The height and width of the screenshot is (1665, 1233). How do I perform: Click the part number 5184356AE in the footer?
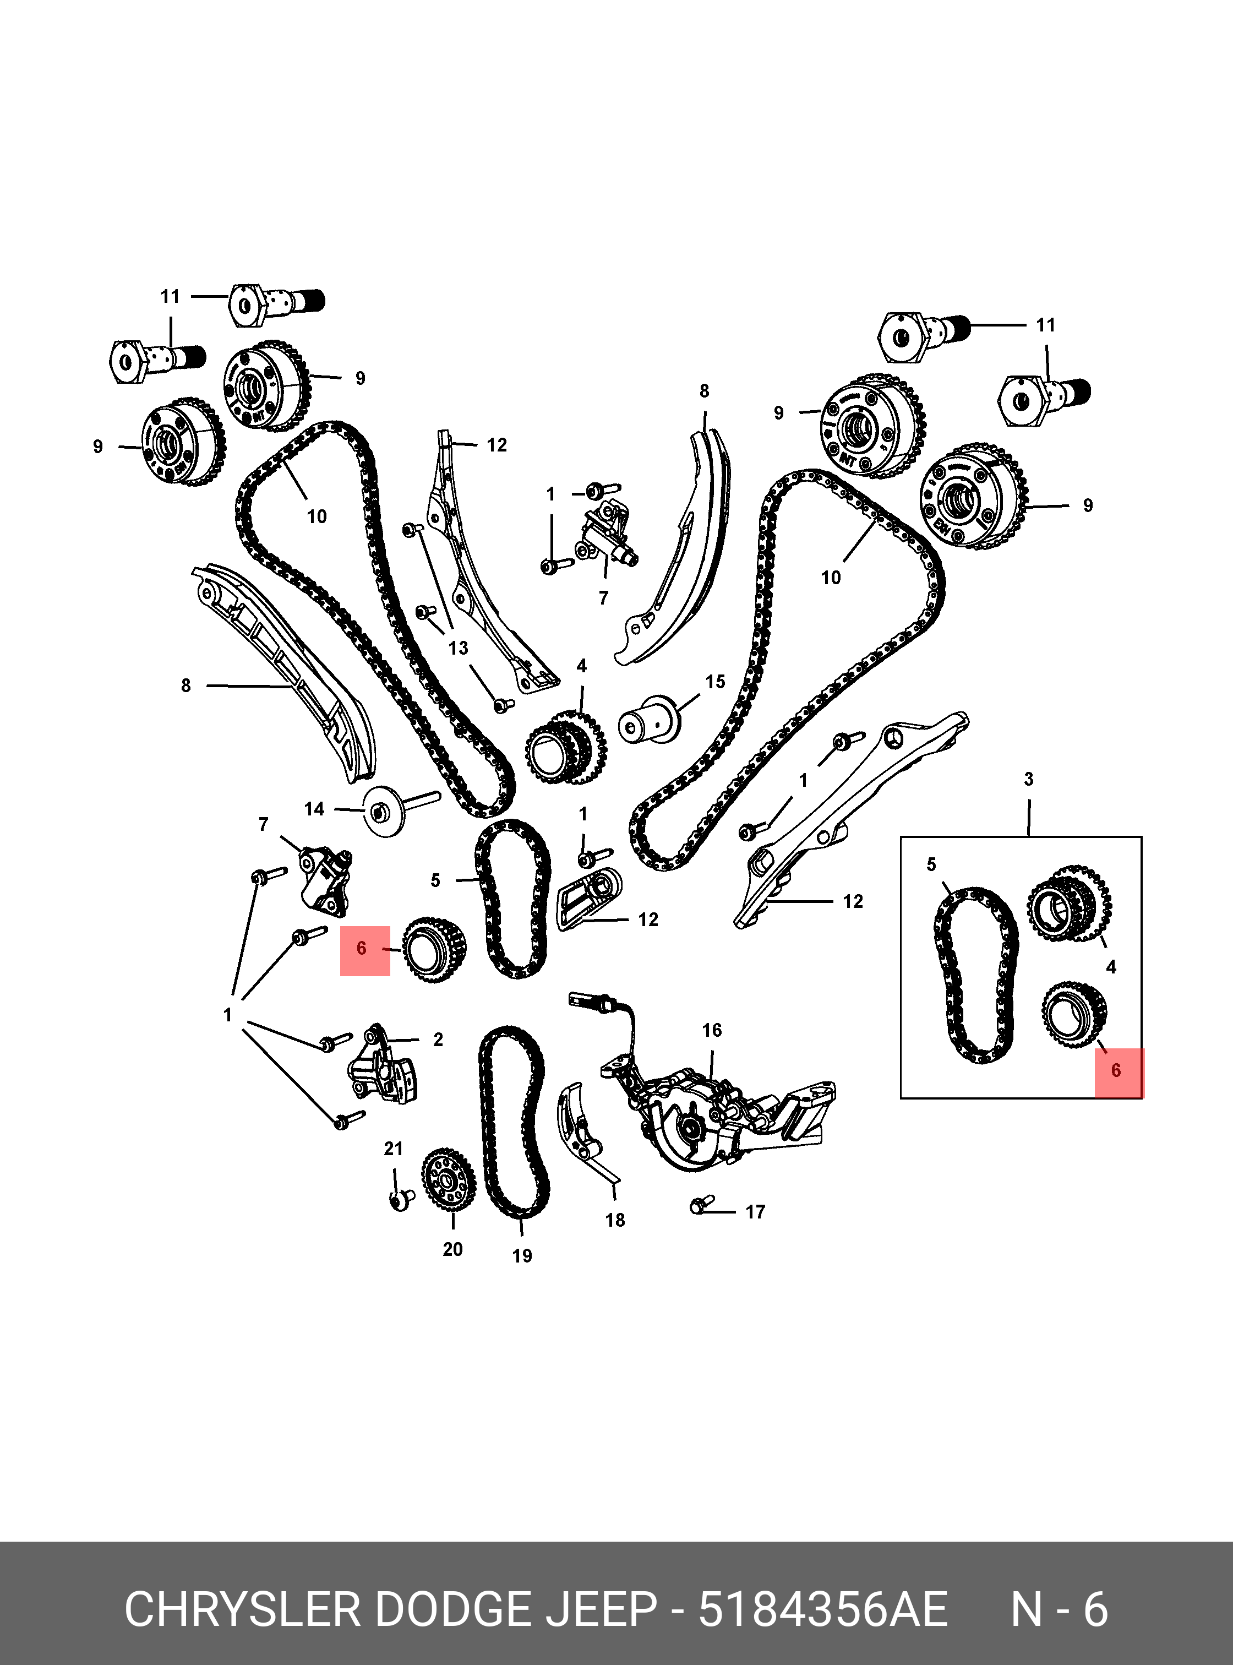coord(822,1610)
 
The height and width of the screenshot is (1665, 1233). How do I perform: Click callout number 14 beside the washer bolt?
coord(314,809)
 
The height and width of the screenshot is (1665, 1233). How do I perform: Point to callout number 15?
coord(715,682)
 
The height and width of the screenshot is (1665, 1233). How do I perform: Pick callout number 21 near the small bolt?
coord(394,1149)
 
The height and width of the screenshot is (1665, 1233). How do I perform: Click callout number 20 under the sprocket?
coord(452,1249)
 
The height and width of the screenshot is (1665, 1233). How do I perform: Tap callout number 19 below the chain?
coord(522,1256)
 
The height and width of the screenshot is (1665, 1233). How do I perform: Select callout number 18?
coord(615,1220)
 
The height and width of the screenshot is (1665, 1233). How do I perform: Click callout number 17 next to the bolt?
coord(755,1212)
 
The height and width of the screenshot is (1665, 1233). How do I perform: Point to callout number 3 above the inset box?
coord(1028,780)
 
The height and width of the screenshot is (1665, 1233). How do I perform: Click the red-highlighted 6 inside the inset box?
coord(1116,1071)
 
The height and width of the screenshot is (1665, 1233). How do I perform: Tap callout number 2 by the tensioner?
coord(438,1040)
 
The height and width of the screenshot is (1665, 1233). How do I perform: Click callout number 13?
coord(459,647)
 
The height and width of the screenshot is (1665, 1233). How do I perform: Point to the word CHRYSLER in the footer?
coord(243,1610)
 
